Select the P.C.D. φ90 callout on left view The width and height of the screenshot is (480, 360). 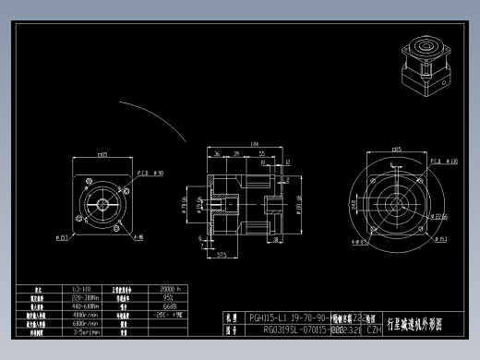151,173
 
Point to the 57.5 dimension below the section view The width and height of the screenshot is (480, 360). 222,256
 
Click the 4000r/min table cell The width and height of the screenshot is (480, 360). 80,315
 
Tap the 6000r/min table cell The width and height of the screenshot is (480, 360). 80,323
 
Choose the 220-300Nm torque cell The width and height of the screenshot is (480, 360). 80,298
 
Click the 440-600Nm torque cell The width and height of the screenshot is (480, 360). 80,306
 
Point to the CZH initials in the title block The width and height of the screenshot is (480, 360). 375,329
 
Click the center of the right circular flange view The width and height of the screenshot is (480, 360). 395,202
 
